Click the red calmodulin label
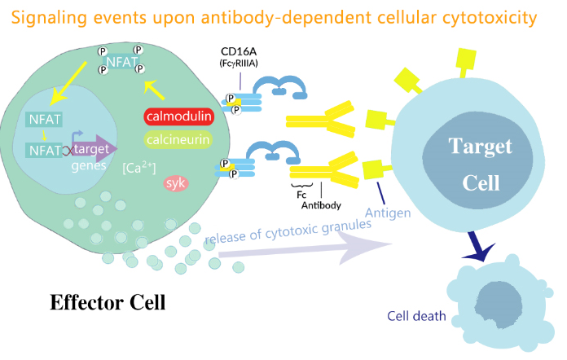click(178, 116)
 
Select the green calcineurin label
click(178, 140)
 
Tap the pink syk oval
click(176, 183)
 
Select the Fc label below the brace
click(301, 197)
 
